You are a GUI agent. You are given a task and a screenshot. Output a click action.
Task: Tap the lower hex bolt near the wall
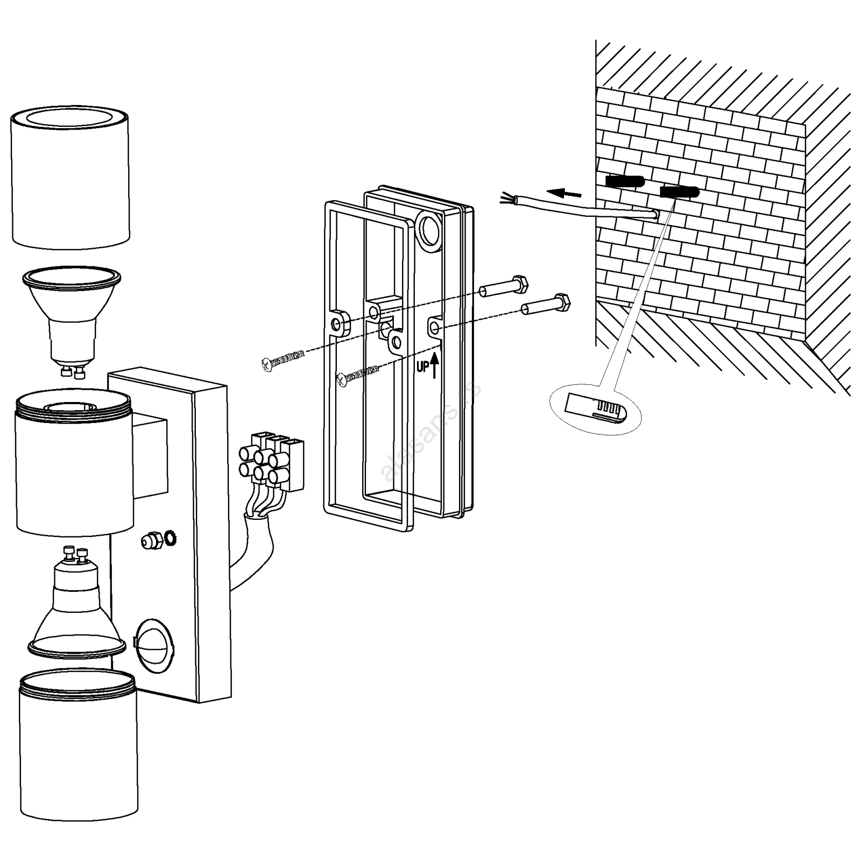click(x=546, y=305)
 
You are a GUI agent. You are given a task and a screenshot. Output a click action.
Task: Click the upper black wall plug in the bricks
click(x=625, y=181)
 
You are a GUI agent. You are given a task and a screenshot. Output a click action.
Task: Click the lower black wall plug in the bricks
click(x=680, y=192)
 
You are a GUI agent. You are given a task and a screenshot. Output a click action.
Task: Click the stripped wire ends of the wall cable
click(x=506, y=199)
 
